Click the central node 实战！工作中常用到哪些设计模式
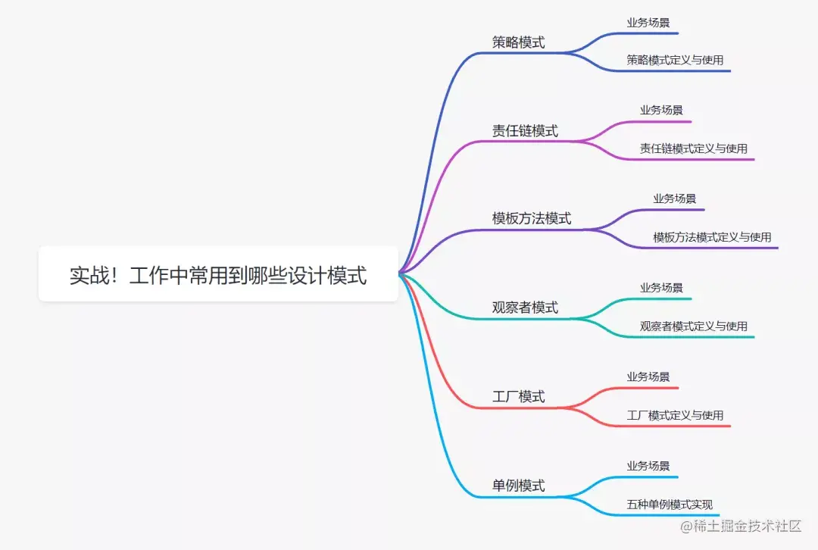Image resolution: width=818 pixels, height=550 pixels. (x=218, y=275)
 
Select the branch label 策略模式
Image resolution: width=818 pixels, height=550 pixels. (x=519, y=42)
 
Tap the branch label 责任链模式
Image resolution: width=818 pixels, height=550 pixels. (x=525, y=131)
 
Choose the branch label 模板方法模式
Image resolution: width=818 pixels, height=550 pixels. (x=532, y=219)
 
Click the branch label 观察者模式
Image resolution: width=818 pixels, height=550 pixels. (x=525, y=308)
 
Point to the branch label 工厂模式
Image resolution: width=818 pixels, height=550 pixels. (x=519, y=397)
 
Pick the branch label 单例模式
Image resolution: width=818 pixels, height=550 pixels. (x=519, y=486)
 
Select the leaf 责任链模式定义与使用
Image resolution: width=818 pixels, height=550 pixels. (x=693, y=148)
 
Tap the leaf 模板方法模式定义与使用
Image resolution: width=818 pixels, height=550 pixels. (x=712, y=237)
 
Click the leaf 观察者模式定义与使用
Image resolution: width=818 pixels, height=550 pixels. (x=693, y=327)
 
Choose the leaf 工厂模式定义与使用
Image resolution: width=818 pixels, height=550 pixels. (x=675, y=415)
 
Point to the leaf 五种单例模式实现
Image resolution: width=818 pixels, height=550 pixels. (x=670, y=505)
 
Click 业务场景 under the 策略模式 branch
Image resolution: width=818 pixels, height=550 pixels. (x=648, y=23)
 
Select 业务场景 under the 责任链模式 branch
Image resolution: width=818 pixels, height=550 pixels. (x=661, y=110)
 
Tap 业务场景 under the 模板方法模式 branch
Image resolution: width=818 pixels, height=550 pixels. (x=675, y=198)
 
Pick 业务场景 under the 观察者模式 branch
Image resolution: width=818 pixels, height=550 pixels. (x=661, y=288)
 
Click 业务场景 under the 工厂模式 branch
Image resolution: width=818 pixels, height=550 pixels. (x=648, y=377)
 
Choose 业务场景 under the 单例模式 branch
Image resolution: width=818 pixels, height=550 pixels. (x=648, y=466)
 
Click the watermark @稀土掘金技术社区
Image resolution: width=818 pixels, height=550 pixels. (x=740, y=526)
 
